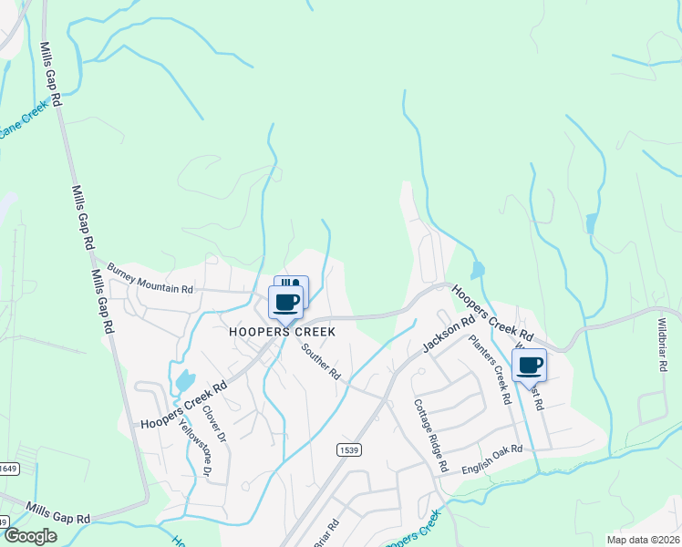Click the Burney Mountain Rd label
pos(150,278)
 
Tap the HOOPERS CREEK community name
pos(283,333)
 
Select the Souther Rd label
pos(320,361)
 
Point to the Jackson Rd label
pos(449,335)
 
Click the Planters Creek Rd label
pos(489,369)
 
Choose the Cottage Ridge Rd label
pos(431,435)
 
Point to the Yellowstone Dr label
pos(193,446)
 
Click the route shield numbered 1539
pos(347,449)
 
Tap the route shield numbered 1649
pos(8,469)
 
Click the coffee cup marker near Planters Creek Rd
pos(529,365)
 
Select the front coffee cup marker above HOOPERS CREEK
pos(285,302)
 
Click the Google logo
pos(29,536)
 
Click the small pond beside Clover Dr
pos(185,380)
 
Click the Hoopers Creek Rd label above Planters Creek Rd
pos(492,316)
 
